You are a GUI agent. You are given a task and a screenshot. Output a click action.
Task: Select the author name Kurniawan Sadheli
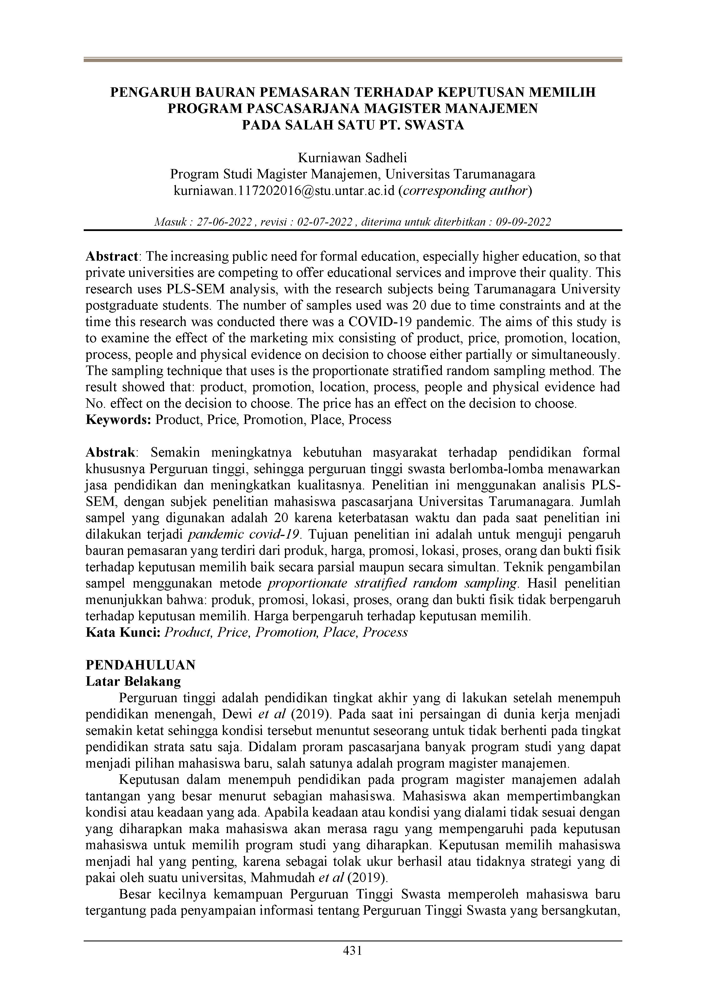(352, 158)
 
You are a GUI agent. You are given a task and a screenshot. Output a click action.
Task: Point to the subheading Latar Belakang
(133, 681)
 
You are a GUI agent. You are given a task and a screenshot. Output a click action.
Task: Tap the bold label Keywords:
(118, 420)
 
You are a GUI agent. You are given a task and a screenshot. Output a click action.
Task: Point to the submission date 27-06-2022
(224, 222)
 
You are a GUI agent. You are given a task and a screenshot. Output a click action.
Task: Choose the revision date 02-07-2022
(325, 222)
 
